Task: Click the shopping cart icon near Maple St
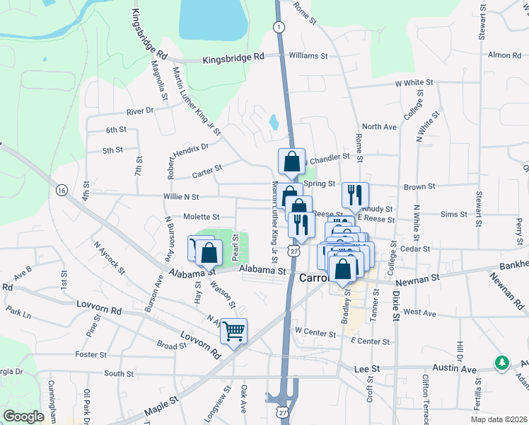pyautogui.click(x=233, y=330)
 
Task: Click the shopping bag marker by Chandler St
pyautogui.click(x=291, y=161)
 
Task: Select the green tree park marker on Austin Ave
pyautogui.click(x=503, y=362)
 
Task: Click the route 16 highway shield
pyautogui.click(x=62, y=190)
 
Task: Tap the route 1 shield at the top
pyautogui.click(x=280, y=26)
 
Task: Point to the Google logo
pyautogui.click(x=23, y=416)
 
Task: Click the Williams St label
pyautogui.click(x=308, y=55)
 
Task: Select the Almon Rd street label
pyautogui.click(x=504, y=55)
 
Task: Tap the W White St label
pyautogui.click(x=414, y=83)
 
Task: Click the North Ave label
pyautogui.click(x=379, y=127)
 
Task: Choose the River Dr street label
pyautogui.click(x=139, y=110)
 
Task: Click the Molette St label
pyautogui.click(x=202, y=217)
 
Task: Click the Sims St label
pyautogui.click(x=453, y=214)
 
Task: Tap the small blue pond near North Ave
pyautogui.click(x=273, y=123)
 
